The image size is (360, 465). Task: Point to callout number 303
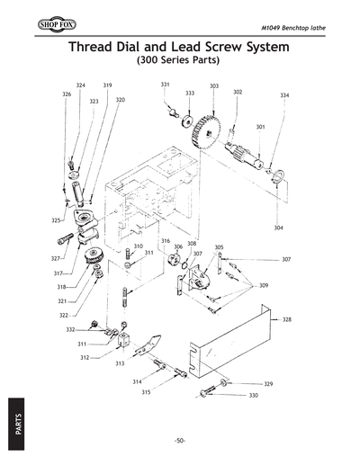tap(214, 86)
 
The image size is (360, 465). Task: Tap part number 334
tap(284, 95)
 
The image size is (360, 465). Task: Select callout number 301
tap(260, 127)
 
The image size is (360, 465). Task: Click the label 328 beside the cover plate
tap(286, 319)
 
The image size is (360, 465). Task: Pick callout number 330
tap(253, 396)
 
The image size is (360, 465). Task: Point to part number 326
tap(67, 94)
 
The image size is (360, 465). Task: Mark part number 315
tap(146, 392)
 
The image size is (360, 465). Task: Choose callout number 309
tap(264, 285)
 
